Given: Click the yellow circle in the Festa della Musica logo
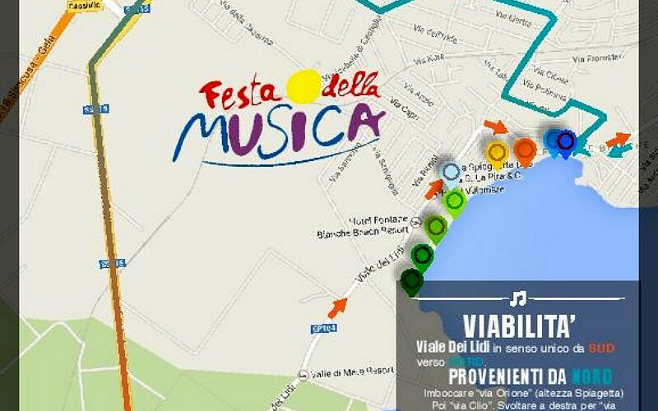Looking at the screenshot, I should [304, 85].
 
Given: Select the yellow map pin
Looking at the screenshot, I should [497, 152].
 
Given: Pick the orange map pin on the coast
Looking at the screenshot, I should [525, 150].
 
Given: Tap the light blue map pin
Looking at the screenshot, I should [450, 172].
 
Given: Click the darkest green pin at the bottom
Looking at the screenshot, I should [410, 280].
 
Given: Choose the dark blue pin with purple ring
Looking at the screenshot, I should [566, 141].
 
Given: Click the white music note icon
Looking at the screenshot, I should [517, 298].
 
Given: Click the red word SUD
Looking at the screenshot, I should [601, 348].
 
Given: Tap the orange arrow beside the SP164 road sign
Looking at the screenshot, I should [336, 308].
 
